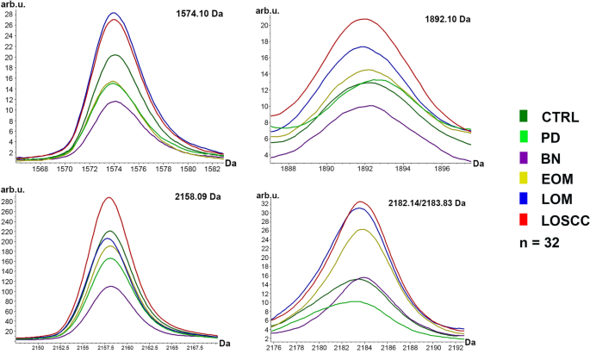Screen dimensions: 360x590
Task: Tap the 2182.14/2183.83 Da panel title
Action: coord(416,202)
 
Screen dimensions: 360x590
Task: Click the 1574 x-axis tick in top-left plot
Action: coord(114,170)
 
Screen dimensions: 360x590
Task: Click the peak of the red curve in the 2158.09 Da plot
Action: coord(109,198)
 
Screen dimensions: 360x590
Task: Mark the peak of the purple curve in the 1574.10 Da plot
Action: coord(114,102)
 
